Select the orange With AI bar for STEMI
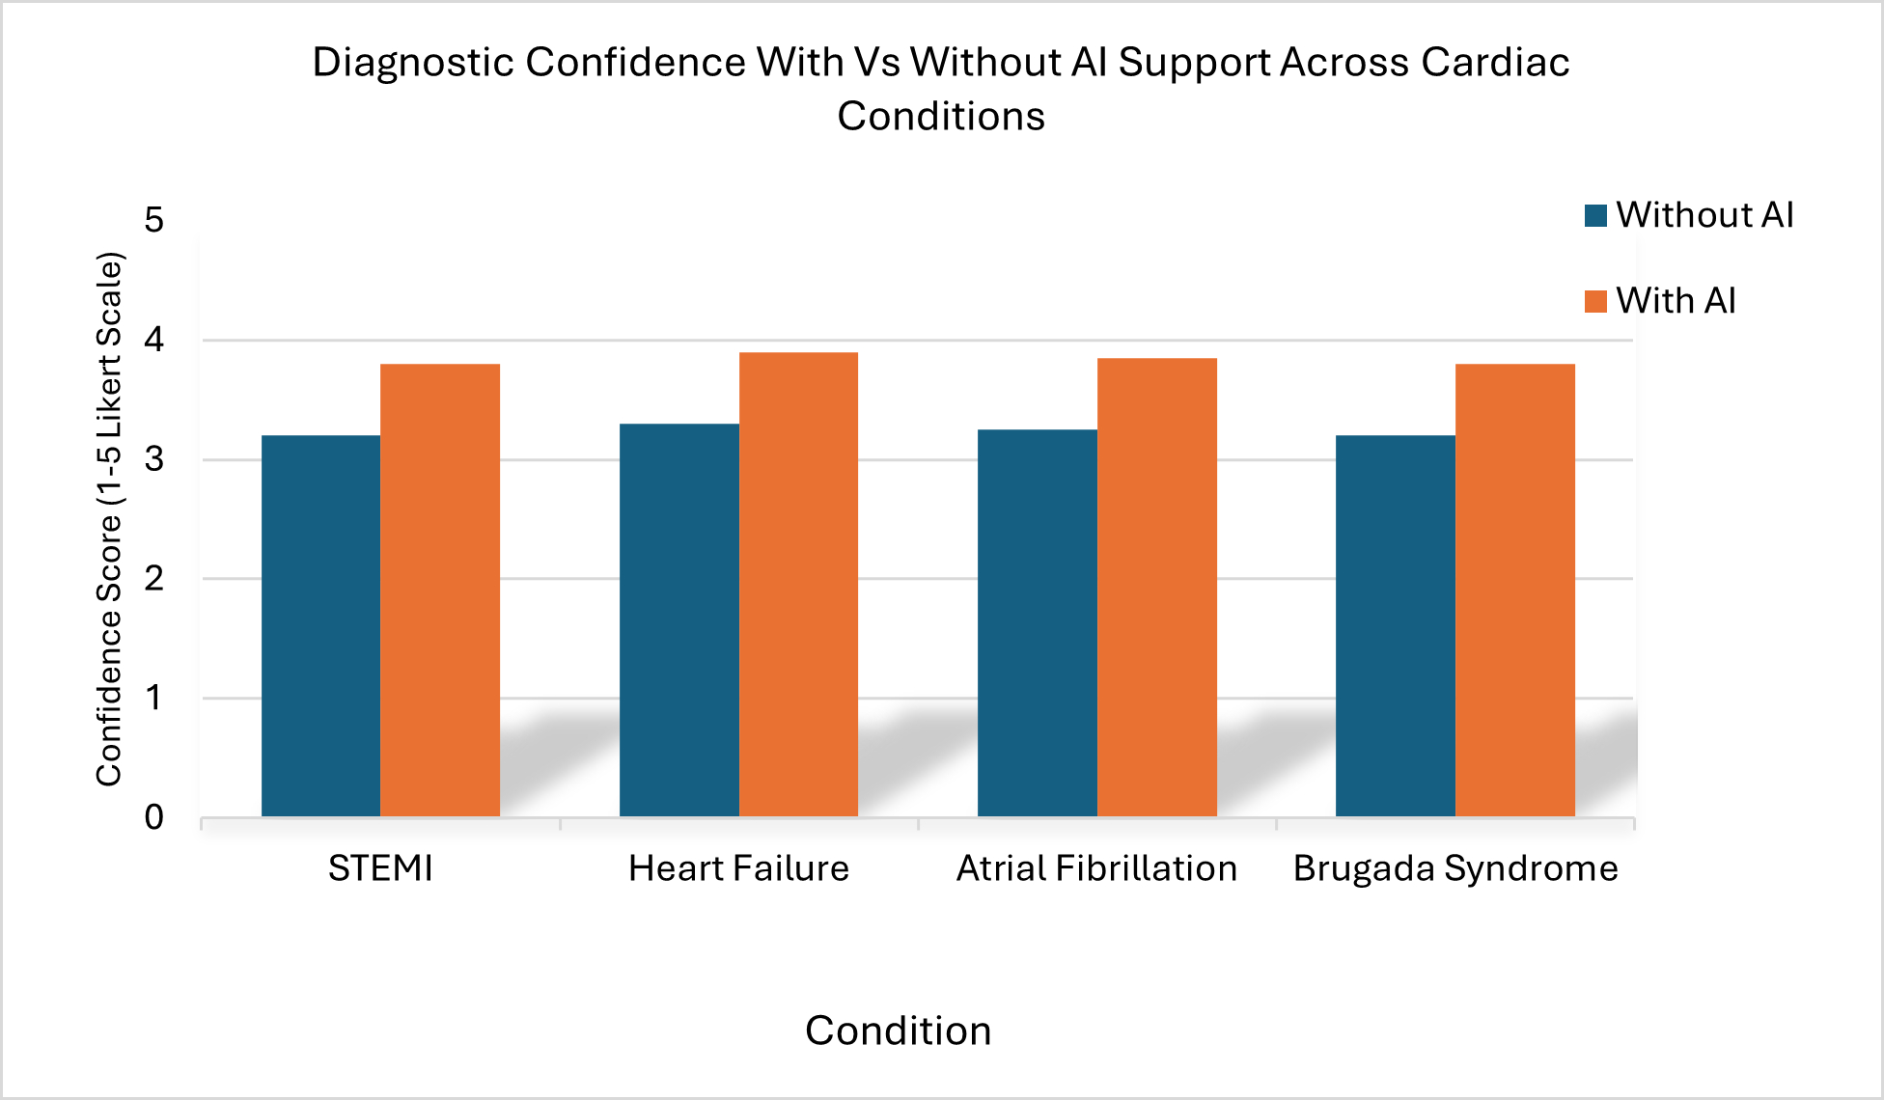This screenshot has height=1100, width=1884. click(x=440, y=590)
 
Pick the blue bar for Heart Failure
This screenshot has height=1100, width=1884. click(x=679, y=619)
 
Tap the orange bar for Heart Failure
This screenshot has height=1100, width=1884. click(x=798, y=584)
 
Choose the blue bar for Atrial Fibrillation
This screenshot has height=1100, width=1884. click(x=1038, y=622)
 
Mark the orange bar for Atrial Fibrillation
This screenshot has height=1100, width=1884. click(x=1157, y=587)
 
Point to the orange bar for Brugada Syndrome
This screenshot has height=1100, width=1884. click(x=1515, y=590)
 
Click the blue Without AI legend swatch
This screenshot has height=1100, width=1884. click(x=1595, y=215)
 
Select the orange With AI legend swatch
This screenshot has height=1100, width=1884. click(x=1595, y=301)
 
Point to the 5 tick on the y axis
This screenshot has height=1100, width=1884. click(x=154, y=220)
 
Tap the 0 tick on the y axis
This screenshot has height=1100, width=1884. click(x=154, y=817)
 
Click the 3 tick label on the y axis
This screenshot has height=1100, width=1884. click(x=154, y=459)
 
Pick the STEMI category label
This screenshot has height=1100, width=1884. click(x=380, y=868)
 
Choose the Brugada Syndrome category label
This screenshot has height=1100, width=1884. click(x=1455, y=868)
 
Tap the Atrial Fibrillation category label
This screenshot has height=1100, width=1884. click(x=1096, y=868)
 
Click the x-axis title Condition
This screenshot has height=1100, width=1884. click(x=898, y=1031)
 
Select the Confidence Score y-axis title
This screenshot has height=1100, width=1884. click(x=110, y=519)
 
